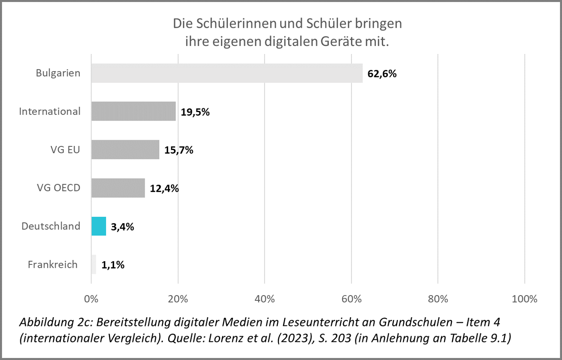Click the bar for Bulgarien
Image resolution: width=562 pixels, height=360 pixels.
[227, 73]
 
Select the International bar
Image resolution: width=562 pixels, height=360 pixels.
[133, 111]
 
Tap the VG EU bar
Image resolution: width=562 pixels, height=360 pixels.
[125, 150]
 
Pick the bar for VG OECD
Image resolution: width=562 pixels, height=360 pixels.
[118, 188]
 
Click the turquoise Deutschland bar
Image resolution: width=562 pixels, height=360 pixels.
[99, 226]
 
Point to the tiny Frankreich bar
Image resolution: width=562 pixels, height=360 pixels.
[94, 264]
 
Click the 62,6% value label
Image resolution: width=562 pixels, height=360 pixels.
[382, 74]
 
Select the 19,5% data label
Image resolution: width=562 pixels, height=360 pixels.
[195, 112]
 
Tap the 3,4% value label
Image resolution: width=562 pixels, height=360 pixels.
[123, 227]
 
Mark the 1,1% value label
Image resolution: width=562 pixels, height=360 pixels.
[113, 265]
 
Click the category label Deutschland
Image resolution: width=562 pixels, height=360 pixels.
[51, 226]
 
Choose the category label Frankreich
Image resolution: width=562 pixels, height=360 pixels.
[52, 264]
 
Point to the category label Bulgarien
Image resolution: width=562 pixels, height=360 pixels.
[58, 73]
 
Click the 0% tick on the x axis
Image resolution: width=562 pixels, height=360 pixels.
[91, 299]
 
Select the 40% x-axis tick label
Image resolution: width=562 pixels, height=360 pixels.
[265, 299]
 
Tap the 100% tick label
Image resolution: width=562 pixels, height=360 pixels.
[525, 299]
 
